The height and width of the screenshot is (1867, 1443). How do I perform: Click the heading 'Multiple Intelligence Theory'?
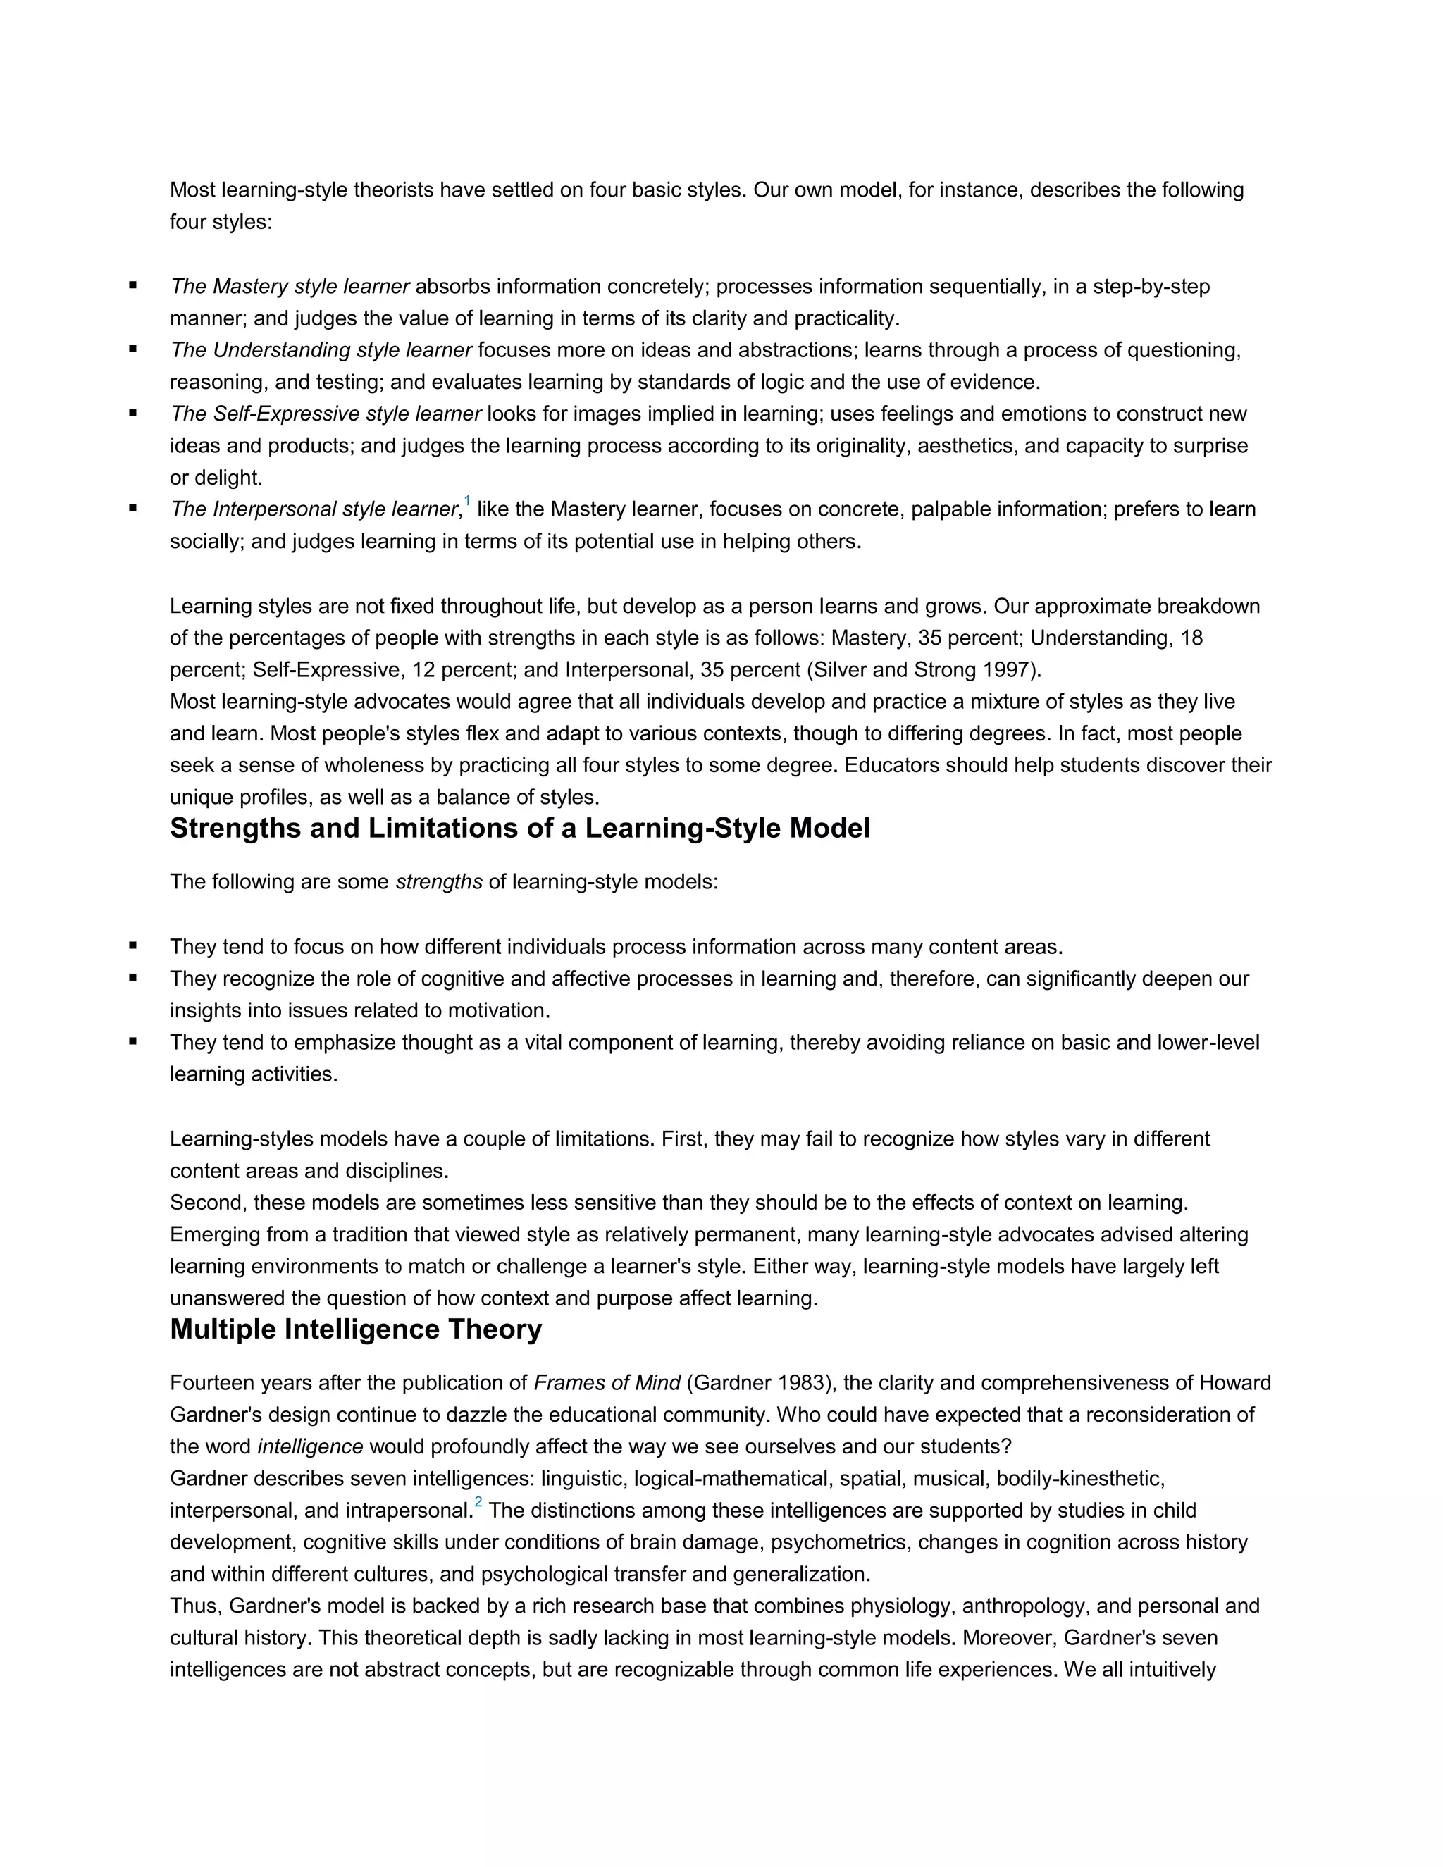click(356, 1329)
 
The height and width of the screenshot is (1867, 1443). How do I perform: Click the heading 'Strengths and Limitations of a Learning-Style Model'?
click(520, 829)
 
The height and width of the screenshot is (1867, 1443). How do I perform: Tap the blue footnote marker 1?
click(466, 500)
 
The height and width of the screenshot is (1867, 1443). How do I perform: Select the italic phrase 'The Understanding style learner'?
click(321, 350)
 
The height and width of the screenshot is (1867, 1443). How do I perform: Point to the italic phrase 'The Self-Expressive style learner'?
click(326, 414)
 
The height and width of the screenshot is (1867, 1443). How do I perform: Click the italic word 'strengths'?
click(438, 882)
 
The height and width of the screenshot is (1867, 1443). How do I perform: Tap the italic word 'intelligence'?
click(310, 1446)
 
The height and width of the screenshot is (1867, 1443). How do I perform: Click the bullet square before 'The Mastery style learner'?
click(133, 285)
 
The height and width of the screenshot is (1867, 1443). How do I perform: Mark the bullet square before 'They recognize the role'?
click(133, 978)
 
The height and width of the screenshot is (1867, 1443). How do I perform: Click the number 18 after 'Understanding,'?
click(1191, 638)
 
